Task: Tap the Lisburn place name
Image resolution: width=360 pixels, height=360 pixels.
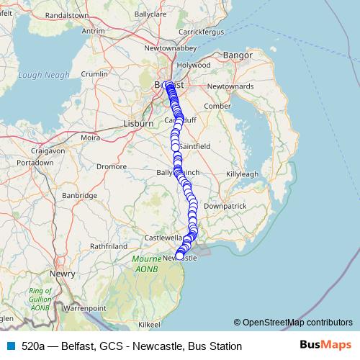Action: point(139,123)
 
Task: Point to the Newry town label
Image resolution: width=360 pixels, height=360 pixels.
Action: point(58,274)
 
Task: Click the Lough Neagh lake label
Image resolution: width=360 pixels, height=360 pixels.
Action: point(45,75)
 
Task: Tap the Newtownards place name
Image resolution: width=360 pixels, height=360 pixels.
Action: point(230,86)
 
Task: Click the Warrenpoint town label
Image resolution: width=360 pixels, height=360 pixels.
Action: point(83,307)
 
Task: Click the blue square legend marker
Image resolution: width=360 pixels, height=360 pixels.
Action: point(10,346)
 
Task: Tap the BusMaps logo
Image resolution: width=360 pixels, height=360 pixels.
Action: point(325,346)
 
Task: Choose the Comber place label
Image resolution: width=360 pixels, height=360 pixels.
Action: point(217,106)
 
